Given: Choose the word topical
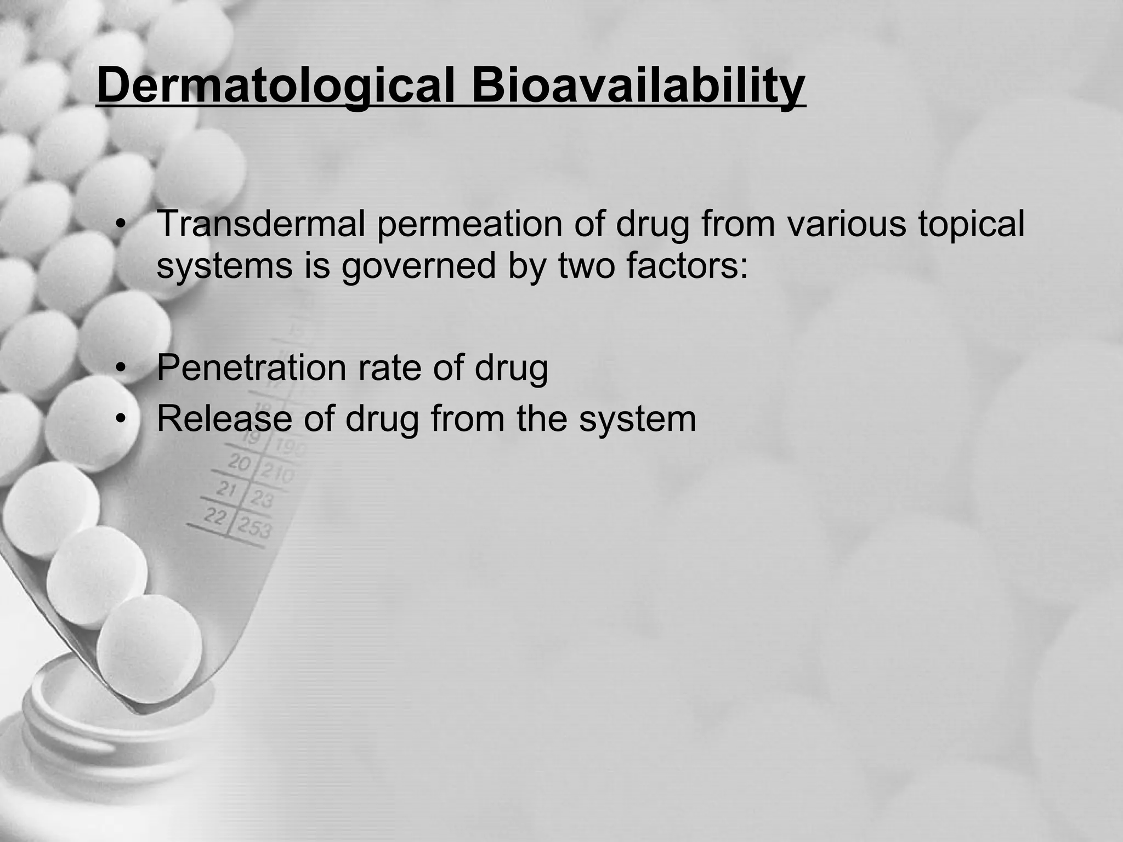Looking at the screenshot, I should pos(971,225).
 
